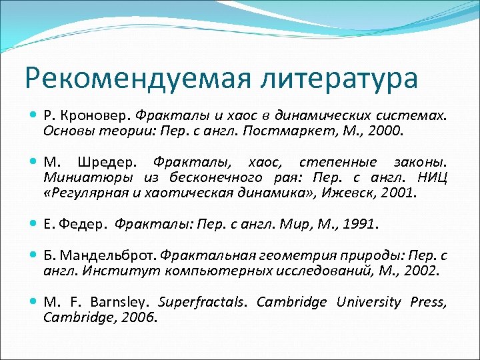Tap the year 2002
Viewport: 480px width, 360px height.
pos(420,271)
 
